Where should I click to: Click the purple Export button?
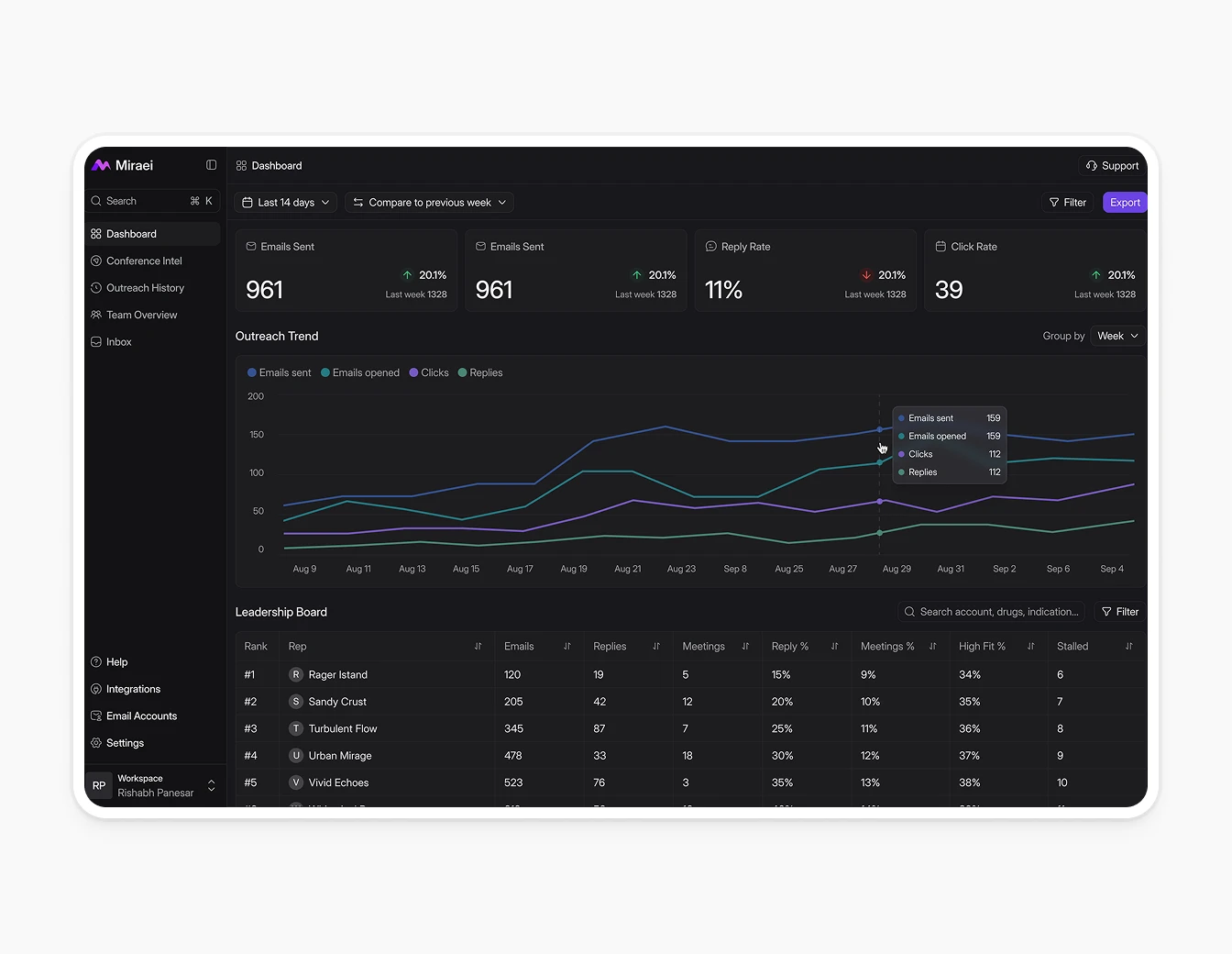pos(1124,203)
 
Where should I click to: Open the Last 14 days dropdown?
pos(285,203)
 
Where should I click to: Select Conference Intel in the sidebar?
pos(144,261)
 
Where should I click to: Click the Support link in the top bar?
pos(1112,166)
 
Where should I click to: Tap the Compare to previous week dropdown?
pos(429,203)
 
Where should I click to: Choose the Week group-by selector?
pos(1117,337)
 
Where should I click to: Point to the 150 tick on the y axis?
pos(257,435)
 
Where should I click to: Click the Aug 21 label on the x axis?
pos(628,570)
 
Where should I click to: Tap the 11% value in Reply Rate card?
pos(723,291)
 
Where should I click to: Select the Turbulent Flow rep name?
pos(342,729)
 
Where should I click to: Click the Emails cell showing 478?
pos(513,756)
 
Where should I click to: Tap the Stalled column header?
pos(1072,647)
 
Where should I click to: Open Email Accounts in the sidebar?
pos(141,716)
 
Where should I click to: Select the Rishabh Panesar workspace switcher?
pos(154,786)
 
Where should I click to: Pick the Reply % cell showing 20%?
pos(782,702)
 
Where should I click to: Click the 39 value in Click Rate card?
pos(949,291)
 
